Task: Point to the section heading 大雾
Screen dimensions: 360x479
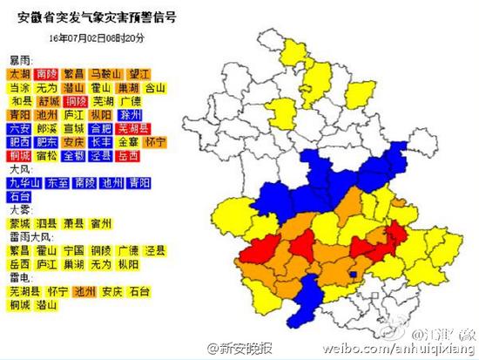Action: [x=19, y=209]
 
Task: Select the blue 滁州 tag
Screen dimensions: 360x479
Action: [x=131, y=115]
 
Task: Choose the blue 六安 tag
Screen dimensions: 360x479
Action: [x=20, y=128]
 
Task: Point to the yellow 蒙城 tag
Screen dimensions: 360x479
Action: [x=20, y=222]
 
